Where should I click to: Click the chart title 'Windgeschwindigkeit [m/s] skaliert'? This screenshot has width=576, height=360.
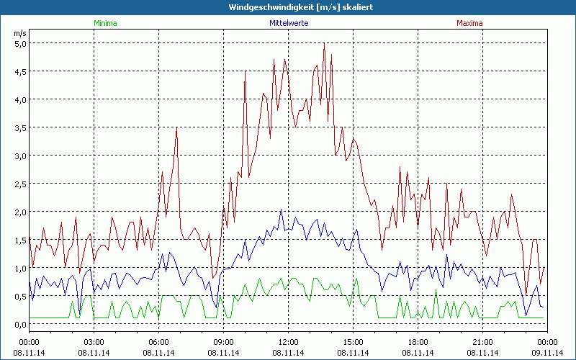point(288,7)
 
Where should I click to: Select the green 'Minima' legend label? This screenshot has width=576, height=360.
point(104,23)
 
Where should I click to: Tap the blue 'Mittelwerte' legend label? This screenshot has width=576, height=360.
point(288,23)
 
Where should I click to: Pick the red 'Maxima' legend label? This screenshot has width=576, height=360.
point(469,23)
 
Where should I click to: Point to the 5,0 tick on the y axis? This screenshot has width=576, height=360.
point(20,43)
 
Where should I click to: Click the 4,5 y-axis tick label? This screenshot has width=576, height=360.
point(20,71)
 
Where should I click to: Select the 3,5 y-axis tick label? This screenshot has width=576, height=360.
point(20,127)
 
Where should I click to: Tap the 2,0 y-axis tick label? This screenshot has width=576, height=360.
point(20,212)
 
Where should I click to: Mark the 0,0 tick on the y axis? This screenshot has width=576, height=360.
point(20,324)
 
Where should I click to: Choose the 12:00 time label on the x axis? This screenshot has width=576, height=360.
point(288,342)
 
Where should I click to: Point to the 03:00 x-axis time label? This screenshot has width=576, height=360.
point(94,342)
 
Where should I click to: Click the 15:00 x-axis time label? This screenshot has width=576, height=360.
point(353,342)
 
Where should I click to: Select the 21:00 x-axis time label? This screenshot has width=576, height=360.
point(482,342)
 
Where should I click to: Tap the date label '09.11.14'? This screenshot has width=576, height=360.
point(547,352)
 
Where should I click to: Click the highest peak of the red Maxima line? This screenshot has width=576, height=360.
point(324,43)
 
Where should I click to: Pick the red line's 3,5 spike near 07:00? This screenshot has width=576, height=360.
point(176,128)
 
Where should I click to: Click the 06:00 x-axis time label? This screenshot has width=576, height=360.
point(158,342)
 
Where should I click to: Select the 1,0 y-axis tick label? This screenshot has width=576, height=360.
point(20,268)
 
